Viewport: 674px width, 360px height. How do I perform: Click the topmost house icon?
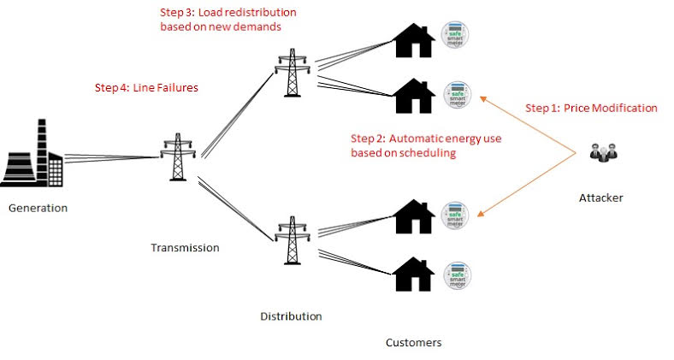(413, 40)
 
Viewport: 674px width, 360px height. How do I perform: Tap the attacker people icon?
(605, 155)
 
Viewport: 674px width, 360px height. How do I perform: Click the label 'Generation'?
(38, 208)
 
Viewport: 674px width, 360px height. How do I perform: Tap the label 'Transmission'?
(185, 248)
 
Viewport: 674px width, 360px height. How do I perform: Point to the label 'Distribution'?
(291, 316)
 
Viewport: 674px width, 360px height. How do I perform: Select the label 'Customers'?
(413, 343)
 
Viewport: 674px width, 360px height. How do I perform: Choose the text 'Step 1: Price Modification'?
(590, 109)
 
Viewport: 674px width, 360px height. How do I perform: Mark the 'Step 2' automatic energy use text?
(403, 145)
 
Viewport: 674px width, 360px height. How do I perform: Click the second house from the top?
(413, 93)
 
